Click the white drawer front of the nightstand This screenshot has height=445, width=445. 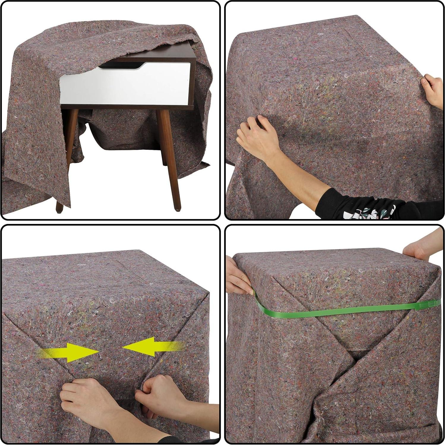click(125, 86)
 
